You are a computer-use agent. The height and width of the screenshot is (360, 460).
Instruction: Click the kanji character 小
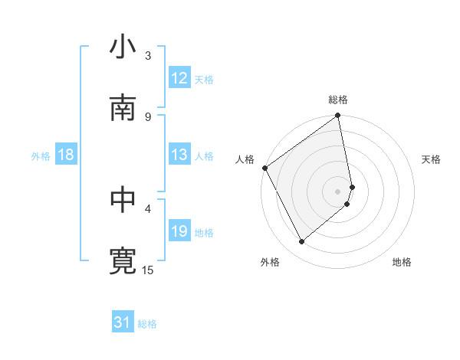point(123,47)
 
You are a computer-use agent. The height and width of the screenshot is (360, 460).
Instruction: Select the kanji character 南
point(123,108)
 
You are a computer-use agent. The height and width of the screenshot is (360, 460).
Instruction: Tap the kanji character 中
point(123,200)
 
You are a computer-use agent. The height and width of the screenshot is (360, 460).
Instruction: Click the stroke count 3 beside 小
point(148,55)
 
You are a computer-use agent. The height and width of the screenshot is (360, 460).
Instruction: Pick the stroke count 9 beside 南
point(148,116)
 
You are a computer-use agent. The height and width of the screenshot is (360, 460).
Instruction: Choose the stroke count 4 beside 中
point(148,208)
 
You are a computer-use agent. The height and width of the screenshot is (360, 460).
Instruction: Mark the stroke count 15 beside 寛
point(148,270)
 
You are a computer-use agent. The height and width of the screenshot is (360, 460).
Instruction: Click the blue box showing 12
point(179,78)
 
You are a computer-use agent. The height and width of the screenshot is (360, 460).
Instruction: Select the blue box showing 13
point(179,155)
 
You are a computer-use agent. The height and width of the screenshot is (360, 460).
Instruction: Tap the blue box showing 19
point(179,231)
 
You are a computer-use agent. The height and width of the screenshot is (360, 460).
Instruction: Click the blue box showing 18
point(66,155)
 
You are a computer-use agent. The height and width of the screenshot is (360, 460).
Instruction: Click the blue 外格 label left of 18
point(41,155)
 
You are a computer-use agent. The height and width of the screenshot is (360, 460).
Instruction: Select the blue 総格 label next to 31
point(147,324)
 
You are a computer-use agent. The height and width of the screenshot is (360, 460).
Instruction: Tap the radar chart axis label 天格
point(432,159)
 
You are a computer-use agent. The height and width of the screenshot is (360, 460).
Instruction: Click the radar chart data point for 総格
point(338,116)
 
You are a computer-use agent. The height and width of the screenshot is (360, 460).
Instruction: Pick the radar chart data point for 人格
point(265,168)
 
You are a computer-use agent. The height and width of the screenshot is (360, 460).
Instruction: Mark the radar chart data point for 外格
point(302,241)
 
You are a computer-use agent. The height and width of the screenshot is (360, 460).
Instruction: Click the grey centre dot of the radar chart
point(338,191)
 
